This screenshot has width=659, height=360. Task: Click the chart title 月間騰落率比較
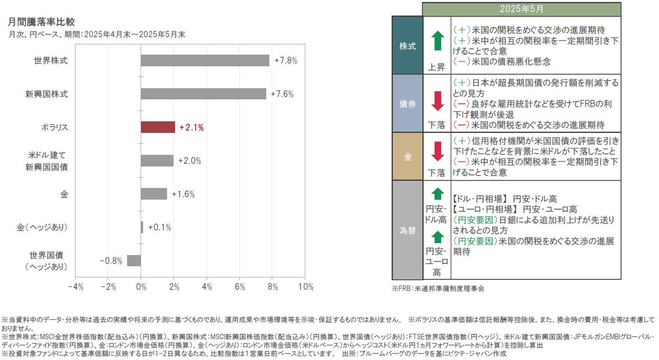pyautogui.click(x=42, y=21)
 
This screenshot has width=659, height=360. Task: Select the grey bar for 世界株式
pyautogui.click(x=205, y=60)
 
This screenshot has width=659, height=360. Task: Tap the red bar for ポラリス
pyautogui.click(x=158, y=127)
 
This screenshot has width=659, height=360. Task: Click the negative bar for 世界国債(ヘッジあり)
pyautogui.click(x=134, y=260)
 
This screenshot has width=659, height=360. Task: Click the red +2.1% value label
pyautogui.click(x=191, y=128)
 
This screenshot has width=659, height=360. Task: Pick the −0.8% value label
pyautogui.click(x=111, y=261)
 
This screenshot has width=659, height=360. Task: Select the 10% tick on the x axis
pyautogui.click(x=305, y=287)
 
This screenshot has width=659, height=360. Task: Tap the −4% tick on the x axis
pyautogui.click(x=75, y=287)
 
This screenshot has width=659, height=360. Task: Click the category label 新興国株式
pyautogui.click(x=51, y=94)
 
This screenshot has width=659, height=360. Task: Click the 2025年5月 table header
pyautogui.click(x=522, y=9)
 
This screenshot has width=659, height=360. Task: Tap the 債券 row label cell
pyautogui.click(x=407, y=103)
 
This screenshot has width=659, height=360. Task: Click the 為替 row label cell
pyautogui.click(x=407, y=230)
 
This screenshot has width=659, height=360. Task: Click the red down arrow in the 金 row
pyautogui.click(x=437, y=151)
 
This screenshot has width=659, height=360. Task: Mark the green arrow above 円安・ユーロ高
pyautogui.click(x=437, y=237)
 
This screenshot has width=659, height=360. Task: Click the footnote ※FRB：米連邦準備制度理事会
pyautogui.click(x=438, y=288)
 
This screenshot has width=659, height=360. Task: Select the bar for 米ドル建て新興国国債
pyautogui.click(x=157, y=160)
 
